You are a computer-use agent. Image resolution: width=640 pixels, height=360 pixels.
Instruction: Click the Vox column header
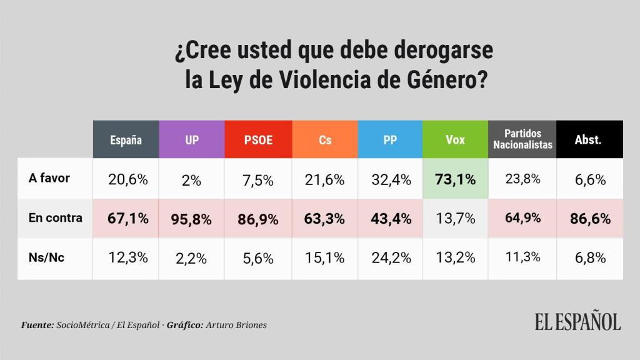point(456,139)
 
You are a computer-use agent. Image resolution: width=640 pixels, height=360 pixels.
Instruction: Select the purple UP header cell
point(192,139)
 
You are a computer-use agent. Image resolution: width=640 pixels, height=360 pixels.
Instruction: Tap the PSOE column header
point(258,139)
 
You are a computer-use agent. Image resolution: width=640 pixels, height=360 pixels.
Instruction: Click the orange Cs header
point(325,139)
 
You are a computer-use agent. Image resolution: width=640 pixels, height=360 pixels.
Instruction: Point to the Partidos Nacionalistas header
point(522,139)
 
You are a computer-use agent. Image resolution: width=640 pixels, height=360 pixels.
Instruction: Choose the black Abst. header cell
point(588,139)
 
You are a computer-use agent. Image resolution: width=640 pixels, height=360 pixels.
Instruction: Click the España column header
point(126,139)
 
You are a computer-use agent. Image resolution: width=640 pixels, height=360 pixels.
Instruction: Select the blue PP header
point(390,139)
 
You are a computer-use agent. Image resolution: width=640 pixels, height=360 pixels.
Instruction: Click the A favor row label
point(49,178)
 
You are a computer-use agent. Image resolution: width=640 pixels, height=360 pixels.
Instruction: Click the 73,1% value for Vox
point(456,179)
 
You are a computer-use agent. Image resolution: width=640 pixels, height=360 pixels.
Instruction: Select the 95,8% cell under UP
point(192,219)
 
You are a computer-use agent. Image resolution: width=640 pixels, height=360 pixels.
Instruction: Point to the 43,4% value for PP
point(390,219)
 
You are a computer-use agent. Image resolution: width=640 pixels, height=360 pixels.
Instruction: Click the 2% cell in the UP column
point(192,180)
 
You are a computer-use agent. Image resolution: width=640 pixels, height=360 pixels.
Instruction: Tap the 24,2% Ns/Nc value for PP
point(390,258)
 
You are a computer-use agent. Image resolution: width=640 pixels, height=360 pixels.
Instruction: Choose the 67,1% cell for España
point(126,219)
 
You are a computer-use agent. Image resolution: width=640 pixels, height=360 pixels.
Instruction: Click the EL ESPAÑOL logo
point(577,321)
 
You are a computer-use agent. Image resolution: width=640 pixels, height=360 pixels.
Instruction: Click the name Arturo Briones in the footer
point(240,326)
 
